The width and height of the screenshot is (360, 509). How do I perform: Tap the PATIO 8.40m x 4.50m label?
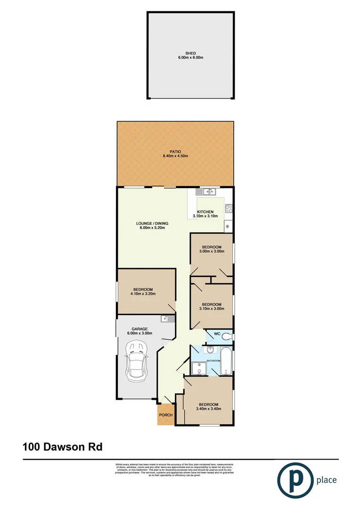(x=175, y=154)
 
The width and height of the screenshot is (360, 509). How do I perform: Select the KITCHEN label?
(x=205, y=214)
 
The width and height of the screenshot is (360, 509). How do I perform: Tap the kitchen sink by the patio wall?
(x=206, y=192)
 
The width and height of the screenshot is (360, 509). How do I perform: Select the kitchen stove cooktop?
(x=229, y=208)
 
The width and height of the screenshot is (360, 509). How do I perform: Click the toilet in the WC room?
(x=227, y=336)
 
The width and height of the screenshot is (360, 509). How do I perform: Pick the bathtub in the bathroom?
(x=226, y=361)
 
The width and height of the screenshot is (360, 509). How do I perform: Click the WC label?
(x=217, y=334)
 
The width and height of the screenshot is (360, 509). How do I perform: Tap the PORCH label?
(x=165, y=415)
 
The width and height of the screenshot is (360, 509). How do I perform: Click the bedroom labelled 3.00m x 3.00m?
(x=212, y=249)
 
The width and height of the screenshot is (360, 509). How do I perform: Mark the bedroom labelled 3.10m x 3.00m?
(x=212, y=306)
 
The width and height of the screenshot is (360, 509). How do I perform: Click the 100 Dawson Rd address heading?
(x=62, y=446)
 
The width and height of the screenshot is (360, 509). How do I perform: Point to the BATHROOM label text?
(x=213, y=361)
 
